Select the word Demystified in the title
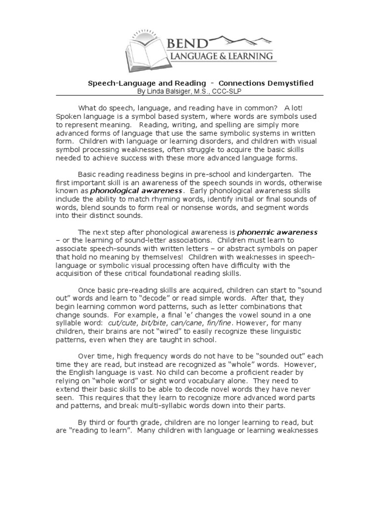point(290,83)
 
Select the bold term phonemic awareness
point(278,231)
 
